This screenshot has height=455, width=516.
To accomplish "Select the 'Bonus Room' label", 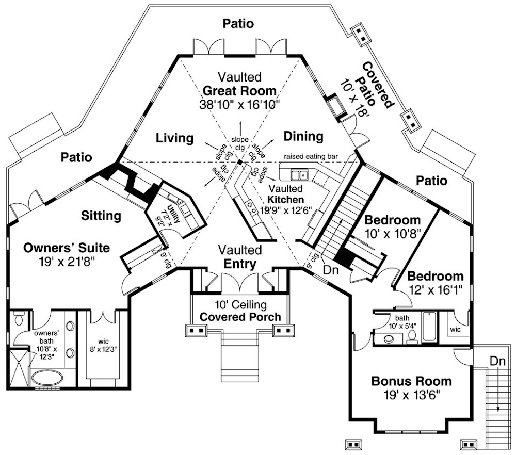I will (x=411, y=382).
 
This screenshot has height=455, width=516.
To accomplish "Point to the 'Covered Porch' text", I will (x=240, y=317).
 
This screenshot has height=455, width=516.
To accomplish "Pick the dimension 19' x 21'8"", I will (x=61, y=262).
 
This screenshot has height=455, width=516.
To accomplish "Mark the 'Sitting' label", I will (x=101, y=215).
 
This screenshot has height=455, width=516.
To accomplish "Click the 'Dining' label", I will (x=303, y=137).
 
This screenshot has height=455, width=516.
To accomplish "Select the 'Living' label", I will (x=175, y=138).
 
